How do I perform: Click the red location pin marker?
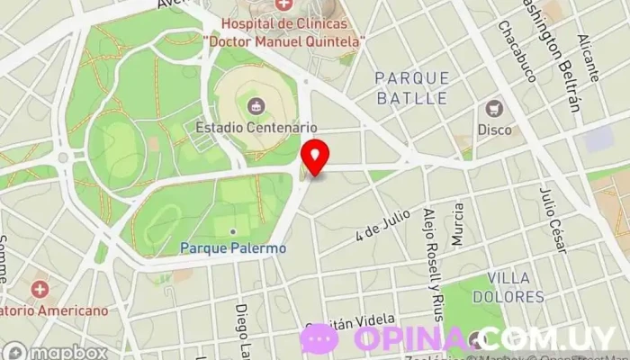(314, 157)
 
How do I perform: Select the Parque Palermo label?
(233, 247)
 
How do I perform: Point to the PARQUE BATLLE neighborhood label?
(412, 87)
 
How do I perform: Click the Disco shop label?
(494, 130)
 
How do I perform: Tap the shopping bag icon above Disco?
(494, 109)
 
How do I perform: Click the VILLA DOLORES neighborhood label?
(516, 286)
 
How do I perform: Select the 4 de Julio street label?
(382, 225)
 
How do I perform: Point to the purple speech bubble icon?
(319, 339)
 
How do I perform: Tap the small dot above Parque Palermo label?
(233, 231)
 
